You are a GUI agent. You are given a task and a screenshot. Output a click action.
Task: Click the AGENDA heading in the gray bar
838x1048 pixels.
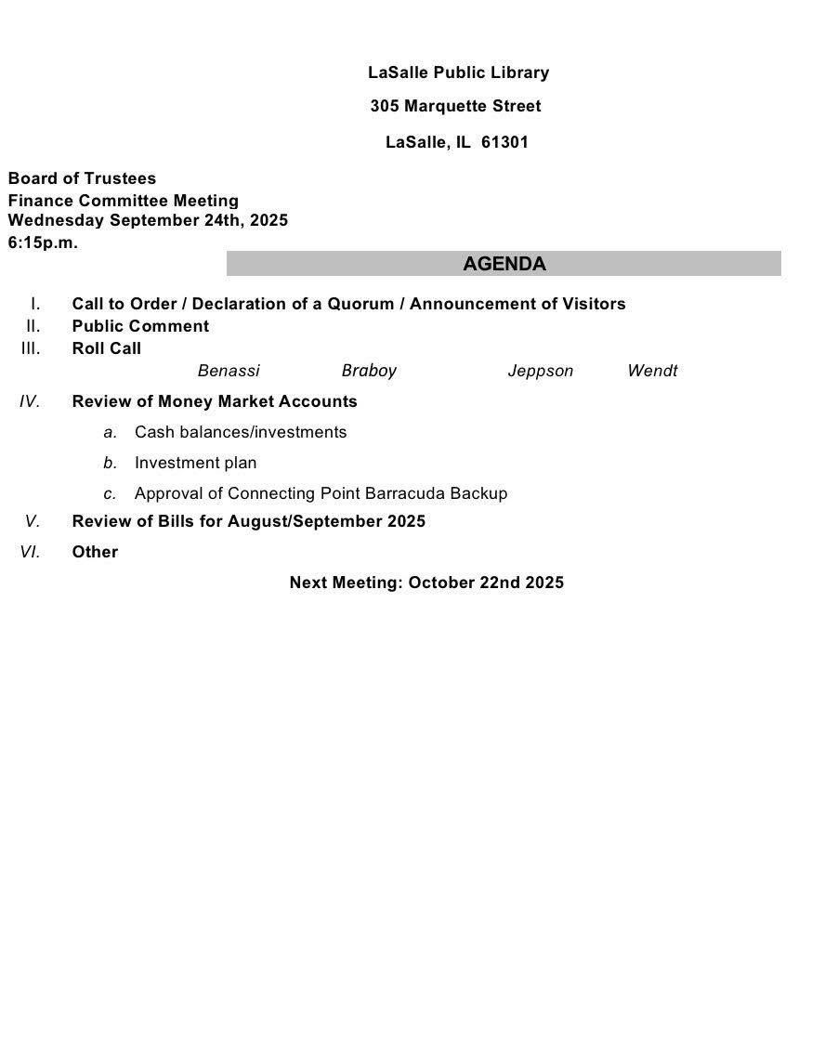(504, 264)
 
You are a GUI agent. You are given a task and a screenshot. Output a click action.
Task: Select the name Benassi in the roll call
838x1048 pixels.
(229, 371)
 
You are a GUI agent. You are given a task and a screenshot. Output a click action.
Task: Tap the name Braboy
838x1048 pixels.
(369, 371)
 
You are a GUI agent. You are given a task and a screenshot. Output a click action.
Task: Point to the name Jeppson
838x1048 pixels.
(540, 371)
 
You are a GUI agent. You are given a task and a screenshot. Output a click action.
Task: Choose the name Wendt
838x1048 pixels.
(652, 371)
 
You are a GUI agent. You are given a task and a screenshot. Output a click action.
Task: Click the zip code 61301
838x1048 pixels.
(504, 142)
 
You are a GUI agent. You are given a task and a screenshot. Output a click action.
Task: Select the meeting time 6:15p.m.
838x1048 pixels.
(43, 242)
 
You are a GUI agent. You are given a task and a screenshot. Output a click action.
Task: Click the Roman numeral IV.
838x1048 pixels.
(30, 401)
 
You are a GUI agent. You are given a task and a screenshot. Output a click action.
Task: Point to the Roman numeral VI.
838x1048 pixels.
(30, 552)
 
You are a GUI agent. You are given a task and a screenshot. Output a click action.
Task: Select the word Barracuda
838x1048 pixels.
(406, 493)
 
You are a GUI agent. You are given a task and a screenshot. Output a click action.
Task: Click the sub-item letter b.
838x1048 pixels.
(111, 463)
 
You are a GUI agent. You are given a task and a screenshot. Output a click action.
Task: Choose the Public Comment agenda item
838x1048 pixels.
(140, 326)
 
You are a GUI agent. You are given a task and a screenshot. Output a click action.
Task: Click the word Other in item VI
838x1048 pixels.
(95, 552)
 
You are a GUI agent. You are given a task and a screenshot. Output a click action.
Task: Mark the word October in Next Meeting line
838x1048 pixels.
(441, 583)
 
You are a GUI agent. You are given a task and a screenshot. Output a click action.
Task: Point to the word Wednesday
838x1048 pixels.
(57, 220)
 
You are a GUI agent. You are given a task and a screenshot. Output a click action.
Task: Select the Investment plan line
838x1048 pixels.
(195, 463)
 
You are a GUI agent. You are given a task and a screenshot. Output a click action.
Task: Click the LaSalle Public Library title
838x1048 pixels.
(458, 72)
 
